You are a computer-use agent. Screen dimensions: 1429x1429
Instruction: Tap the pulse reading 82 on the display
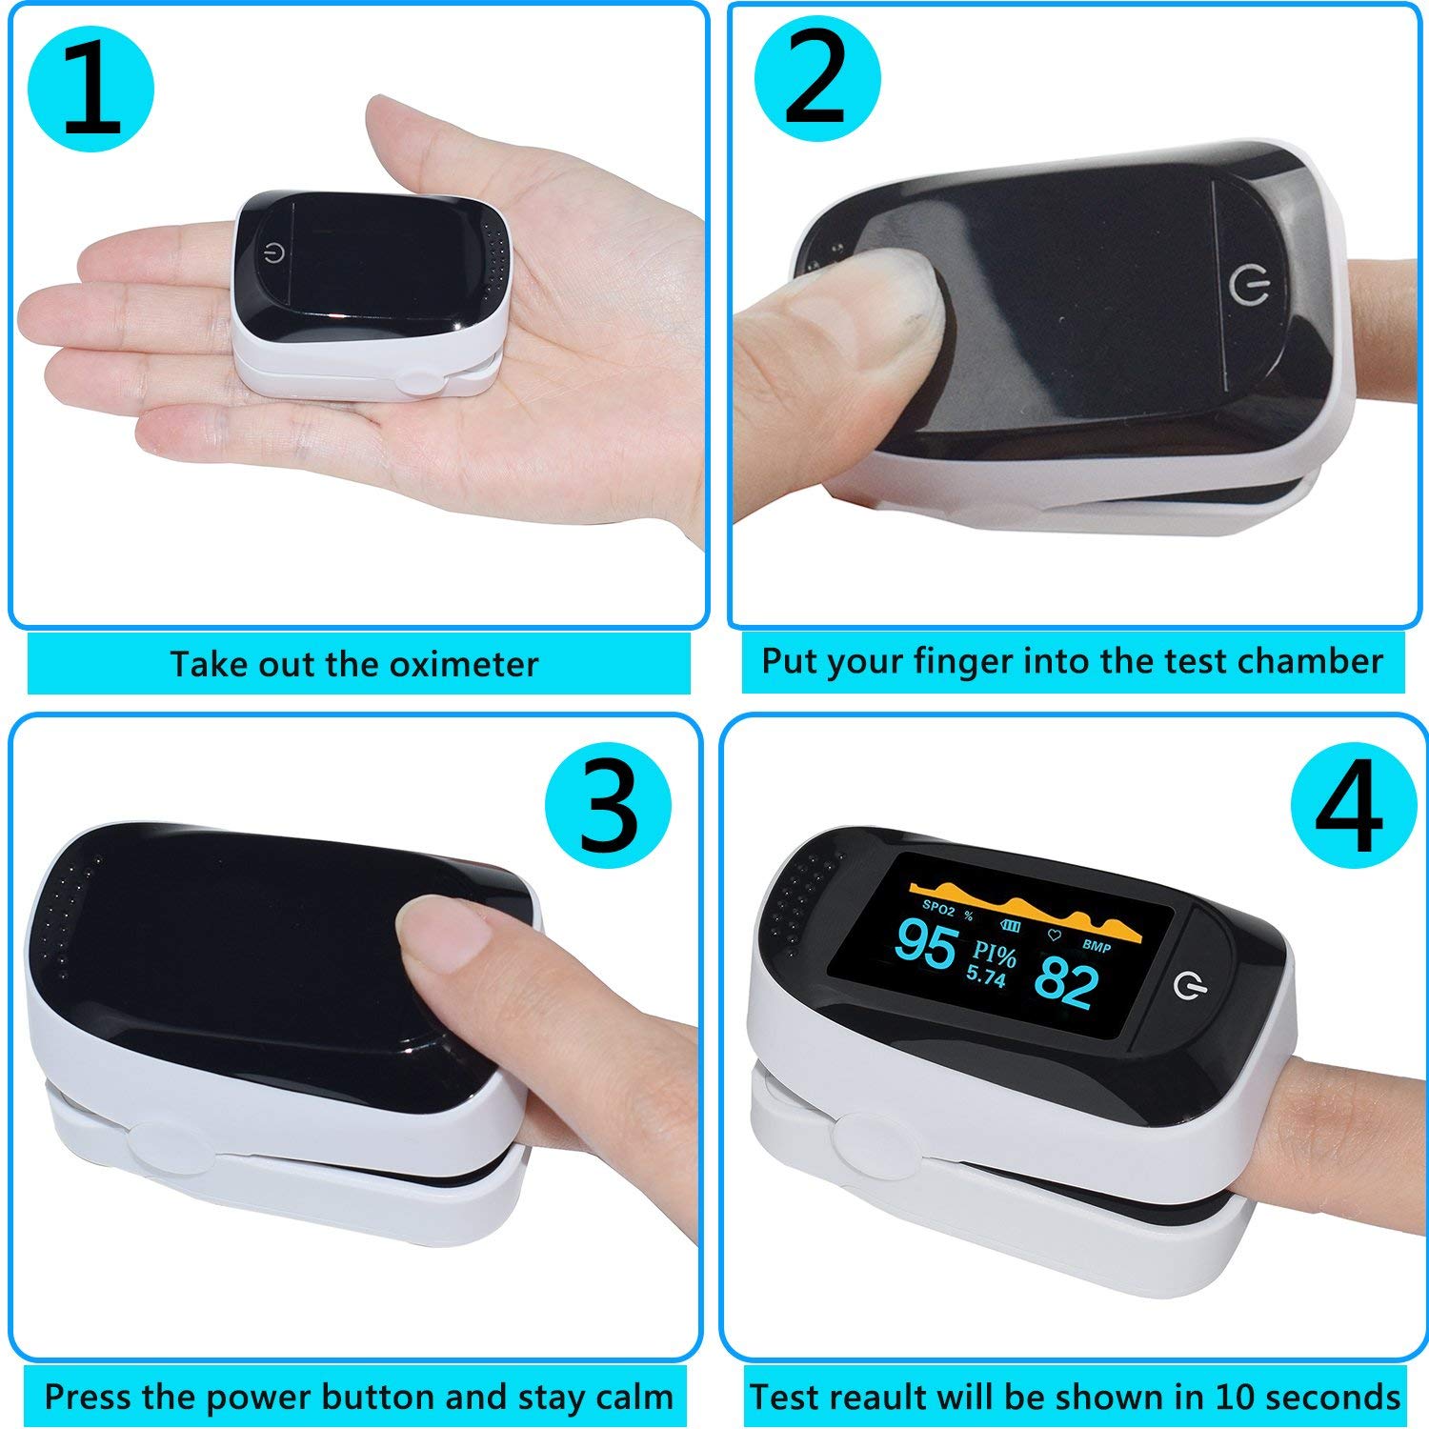tap(1066, 982)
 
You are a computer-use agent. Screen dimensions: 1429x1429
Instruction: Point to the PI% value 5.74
tap(985, 976)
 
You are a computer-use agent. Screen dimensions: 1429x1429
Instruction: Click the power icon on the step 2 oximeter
tap(1249, 283)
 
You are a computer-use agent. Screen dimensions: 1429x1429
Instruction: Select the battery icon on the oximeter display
tap(1007, 925)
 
